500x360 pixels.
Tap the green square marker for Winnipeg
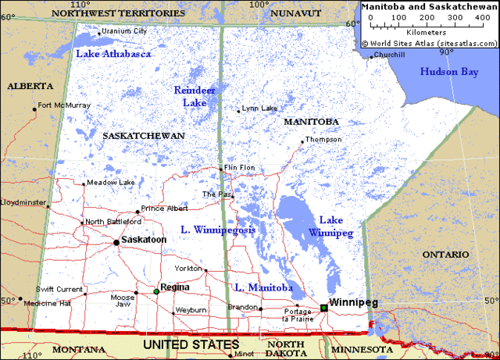323,308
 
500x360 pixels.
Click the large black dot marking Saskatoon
116,242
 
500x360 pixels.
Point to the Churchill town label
389,55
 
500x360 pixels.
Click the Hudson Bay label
448,72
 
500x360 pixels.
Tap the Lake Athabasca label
113,54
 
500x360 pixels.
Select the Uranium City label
124,31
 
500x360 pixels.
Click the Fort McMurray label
64,105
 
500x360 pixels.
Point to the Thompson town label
323,139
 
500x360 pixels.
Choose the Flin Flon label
240,168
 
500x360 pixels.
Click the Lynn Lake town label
259,108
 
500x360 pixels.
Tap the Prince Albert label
164,209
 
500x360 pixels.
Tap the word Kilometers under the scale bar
426,32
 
